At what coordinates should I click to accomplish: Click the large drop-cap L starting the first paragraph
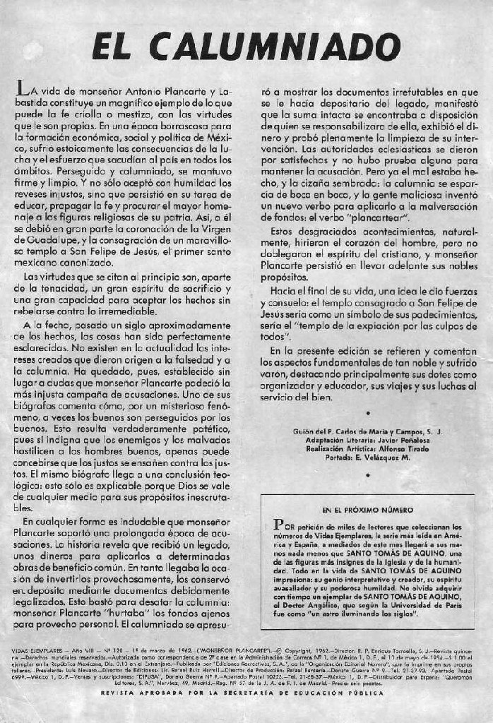24,90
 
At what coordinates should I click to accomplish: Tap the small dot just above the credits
367,412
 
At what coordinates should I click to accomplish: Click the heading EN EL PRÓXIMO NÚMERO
367,509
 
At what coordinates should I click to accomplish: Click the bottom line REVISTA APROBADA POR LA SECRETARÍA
243,693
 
